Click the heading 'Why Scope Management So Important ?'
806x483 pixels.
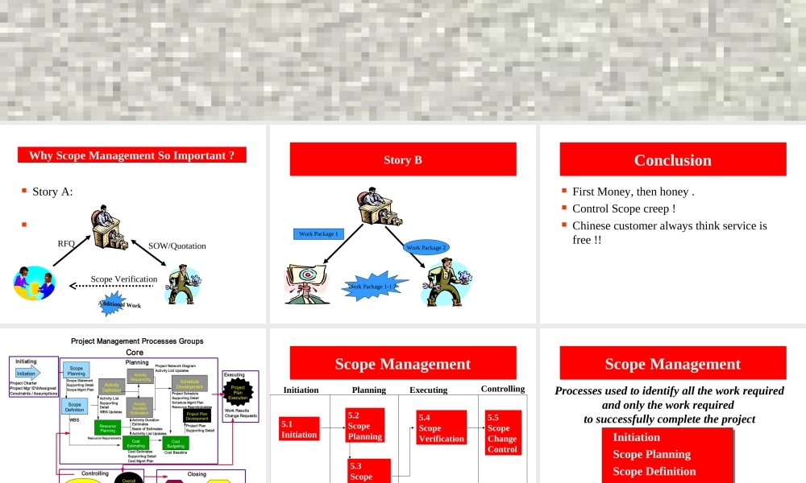(x=132, y=155)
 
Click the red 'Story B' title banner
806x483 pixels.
(x=403, y=159)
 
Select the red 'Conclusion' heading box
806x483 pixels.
(x=672, y=159)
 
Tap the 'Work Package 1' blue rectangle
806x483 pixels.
(x=318, y=234)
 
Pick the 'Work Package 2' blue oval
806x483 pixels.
(x=426, y=248)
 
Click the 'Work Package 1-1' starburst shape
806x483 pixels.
(x=372, y=287)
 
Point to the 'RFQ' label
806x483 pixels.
(x=66, y=244)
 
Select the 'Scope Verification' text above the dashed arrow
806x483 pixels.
(x=124, y=279)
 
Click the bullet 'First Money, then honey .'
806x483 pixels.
(x=633, y=192)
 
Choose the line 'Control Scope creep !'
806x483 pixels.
(x=623, y=208)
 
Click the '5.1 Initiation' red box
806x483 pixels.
(x=299, y=429)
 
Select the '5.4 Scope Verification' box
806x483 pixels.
(x=441, y=428)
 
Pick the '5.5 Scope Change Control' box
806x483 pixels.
(x=503, y=433)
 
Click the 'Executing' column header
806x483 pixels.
(x=428, y=390)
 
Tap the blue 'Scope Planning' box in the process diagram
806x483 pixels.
(x=77, y=371)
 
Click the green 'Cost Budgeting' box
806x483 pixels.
(x=176, y=442)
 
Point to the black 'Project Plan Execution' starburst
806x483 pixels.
(x=238, y=392)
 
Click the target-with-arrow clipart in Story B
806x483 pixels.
(x=306, y=282)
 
